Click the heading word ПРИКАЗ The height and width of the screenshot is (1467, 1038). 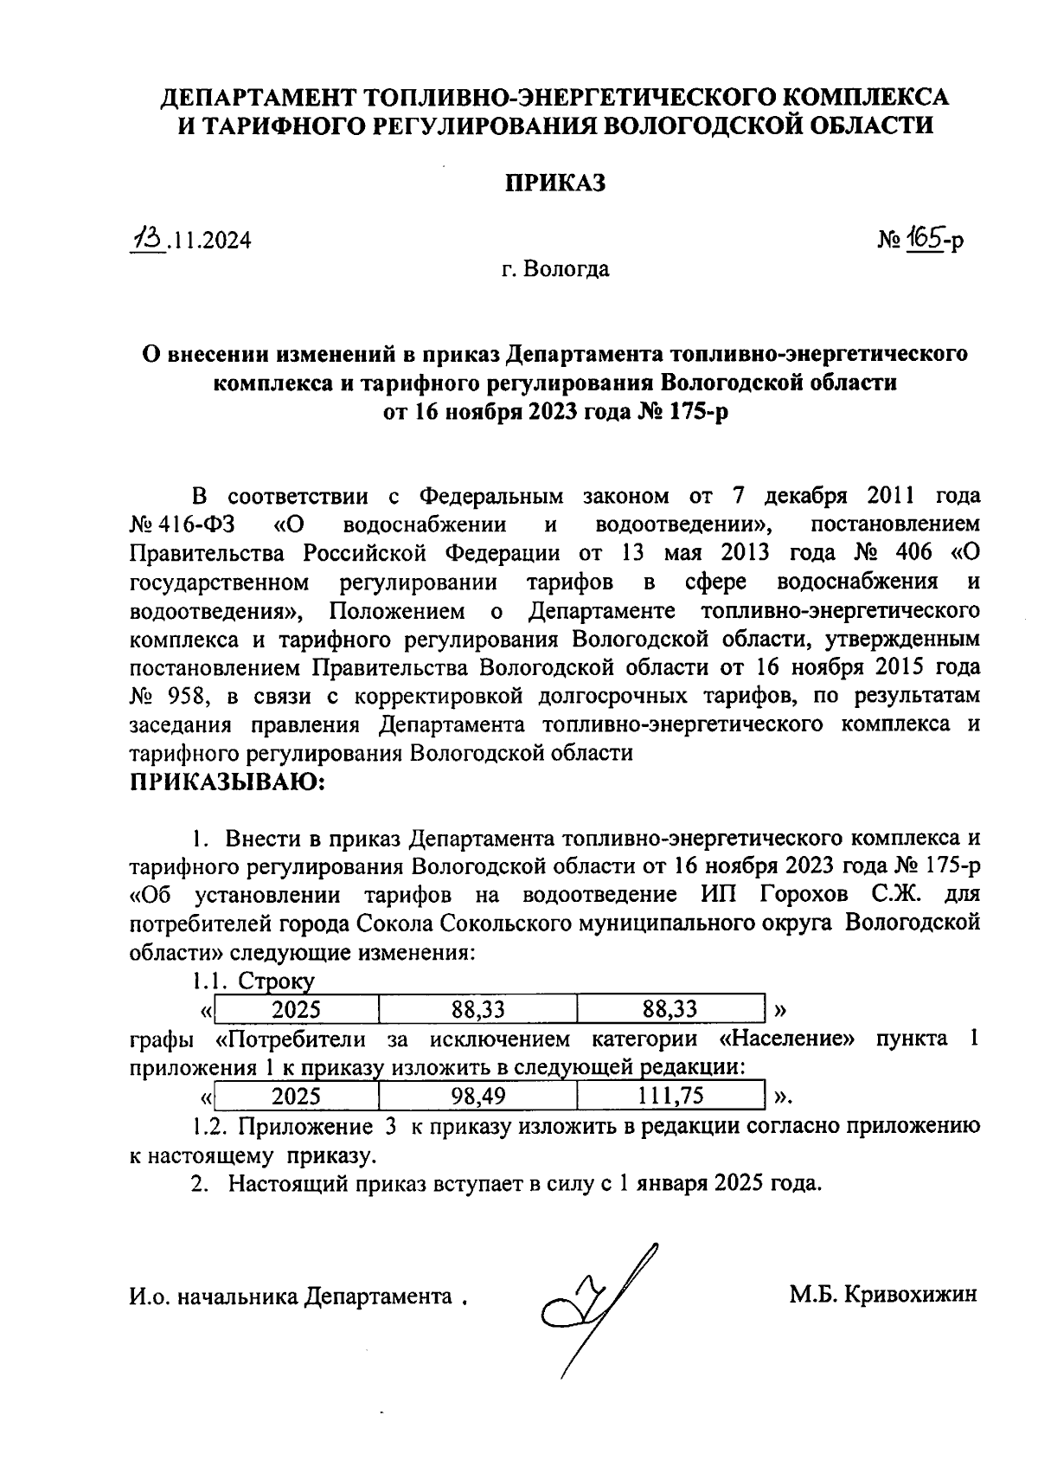click(555, 183)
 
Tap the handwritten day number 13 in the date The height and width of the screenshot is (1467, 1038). click(147, 238)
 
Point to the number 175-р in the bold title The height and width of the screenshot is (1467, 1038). click(695, 411)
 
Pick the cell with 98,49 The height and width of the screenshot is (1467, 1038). click(478, 1097)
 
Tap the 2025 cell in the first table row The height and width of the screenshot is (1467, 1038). click(296, 1009)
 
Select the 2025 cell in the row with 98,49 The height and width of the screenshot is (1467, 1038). click(296, 1097)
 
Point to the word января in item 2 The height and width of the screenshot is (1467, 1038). click(670, 1183)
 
